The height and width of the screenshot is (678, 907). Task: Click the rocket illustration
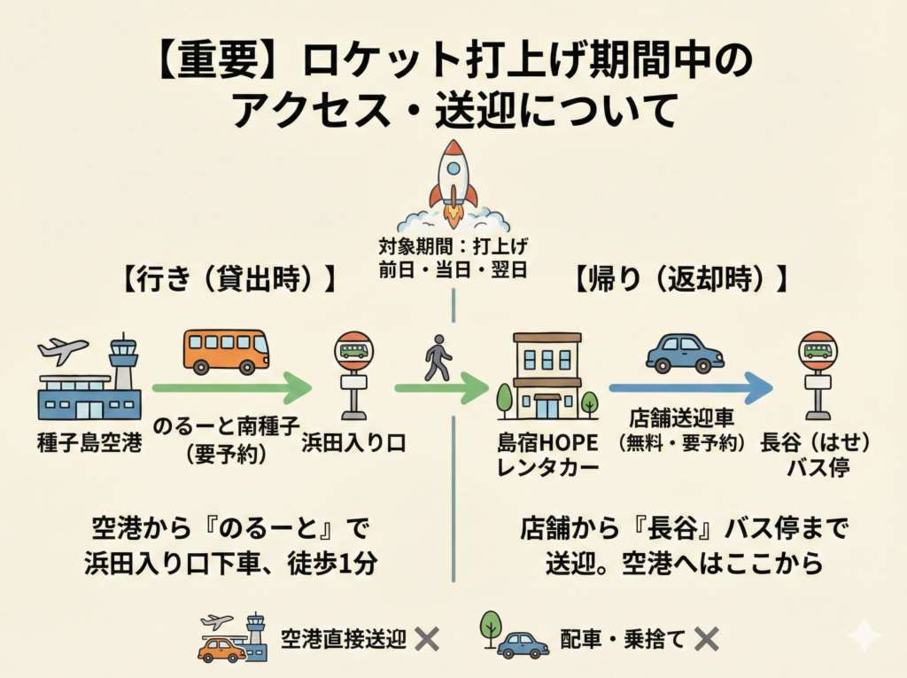click(453, 184)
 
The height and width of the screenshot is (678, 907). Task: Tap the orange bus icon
click(227, 352)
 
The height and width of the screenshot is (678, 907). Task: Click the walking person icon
click(438, 357)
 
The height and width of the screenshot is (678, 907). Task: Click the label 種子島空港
click(89, 443)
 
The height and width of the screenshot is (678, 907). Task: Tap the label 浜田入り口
click(353, 443)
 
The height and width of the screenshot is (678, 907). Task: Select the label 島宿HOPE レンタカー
click(547, 455)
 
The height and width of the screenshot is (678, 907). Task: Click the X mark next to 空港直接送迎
click(427, 639)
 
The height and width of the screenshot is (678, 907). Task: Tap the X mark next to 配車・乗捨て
click(706, 639)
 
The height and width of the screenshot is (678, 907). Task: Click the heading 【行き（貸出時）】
click(229, 278)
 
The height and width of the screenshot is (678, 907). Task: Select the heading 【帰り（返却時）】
click(681, 278)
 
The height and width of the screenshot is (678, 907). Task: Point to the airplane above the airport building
click(63, 350)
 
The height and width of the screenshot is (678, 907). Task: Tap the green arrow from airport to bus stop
click(231, 388)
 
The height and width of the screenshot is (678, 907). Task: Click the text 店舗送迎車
click(681, 417)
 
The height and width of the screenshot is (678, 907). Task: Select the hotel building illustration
click(547, 377)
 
